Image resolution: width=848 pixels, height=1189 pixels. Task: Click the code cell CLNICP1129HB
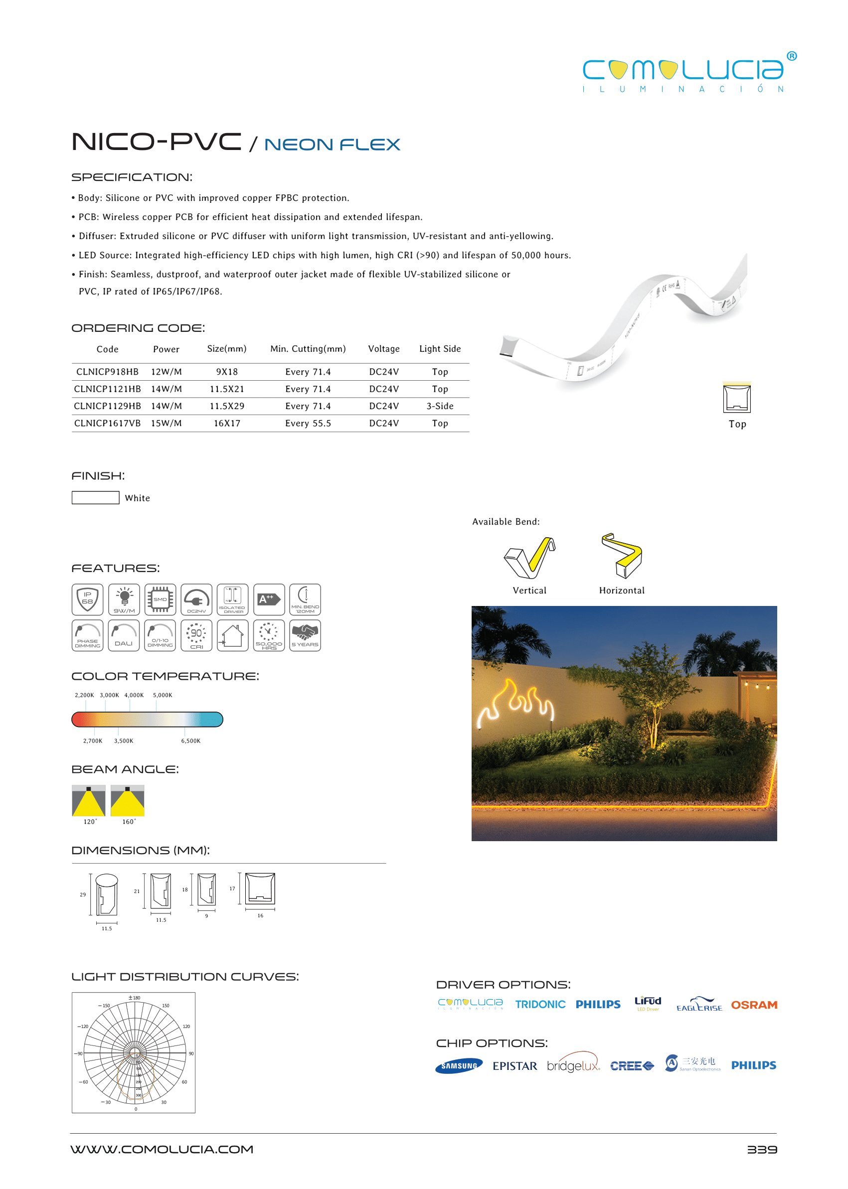(107, 406)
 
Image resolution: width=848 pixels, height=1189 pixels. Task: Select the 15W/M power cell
(166, 423)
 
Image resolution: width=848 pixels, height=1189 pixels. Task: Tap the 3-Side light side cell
(440, 406)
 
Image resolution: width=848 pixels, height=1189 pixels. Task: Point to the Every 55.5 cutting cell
(308, 423)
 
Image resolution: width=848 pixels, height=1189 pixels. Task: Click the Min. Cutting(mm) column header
(308, 349)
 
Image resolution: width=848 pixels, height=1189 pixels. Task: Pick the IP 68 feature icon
(87, 599)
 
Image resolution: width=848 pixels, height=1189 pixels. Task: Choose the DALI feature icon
(124, 635)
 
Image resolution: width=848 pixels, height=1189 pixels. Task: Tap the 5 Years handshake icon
(305, 635)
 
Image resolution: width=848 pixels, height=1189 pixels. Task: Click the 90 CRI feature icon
(196, 635)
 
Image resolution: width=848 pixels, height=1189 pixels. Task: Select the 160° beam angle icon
(128, 800)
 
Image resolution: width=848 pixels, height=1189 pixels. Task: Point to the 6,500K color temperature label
(190, 741)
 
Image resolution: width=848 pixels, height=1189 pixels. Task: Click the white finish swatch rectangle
(95, 497)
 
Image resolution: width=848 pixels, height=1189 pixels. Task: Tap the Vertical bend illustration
(529, 558)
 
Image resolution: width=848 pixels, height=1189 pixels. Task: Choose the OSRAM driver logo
(753, 1005)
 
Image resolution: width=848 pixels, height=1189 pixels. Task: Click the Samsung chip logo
(459, 1066)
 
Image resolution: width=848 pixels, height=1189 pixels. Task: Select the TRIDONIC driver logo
(540, 1005)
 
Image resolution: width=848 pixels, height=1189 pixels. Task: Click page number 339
(761, 1149)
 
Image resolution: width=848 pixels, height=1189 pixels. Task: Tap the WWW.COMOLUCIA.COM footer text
(162, 1149)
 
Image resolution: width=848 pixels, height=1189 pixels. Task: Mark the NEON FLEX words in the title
(332, 145)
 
